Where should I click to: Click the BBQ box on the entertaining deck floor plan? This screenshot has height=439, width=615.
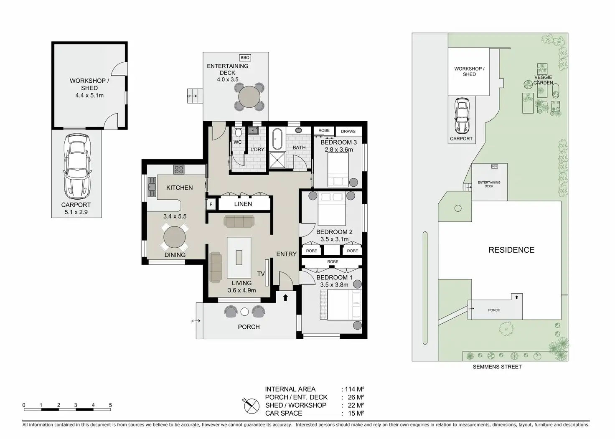(245, 58)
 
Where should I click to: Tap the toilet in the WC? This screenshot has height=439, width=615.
(238, 132)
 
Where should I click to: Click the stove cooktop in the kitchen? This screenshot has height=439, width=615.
(179, 170)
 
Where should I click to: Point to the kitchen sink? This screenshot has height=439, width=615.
(152, 187)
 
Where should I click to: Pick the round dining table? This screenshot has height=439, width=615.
(174, 237)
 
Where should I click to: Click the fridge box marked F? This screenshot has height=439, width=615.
(211, 204)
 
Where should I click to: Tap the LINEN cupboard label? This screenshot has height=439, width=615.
(243, 204)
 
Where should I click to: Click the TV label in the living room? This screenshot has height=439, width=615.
(261, 274)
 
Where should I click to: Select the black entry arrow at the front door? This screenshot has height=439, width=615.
(285, 297)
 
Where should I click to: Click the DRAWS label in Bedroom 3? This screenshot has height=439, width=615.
(348, 132)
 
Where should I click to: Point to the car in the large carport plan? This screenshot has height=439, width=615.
(77, 166)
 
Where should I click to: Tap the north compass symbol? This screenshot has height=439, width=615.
(251, 406)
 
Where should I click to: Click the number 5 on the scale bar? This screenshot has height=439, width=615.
(110, 405)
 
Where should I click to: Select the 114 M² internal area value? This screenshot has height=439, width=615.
(354, 389)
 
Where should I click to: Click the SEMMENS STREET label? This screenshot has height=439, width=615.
(497, 367)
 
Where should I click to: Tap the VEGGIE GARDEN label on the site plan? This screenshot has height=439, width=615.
(543, 80)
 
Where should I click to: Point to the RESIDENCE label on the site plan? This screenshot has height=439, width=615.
(511, 250)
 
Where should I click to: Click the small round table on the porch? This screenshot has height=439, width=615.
(245, 312)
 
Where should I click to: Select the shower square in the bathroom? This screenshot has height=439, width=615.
(277, 160)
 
